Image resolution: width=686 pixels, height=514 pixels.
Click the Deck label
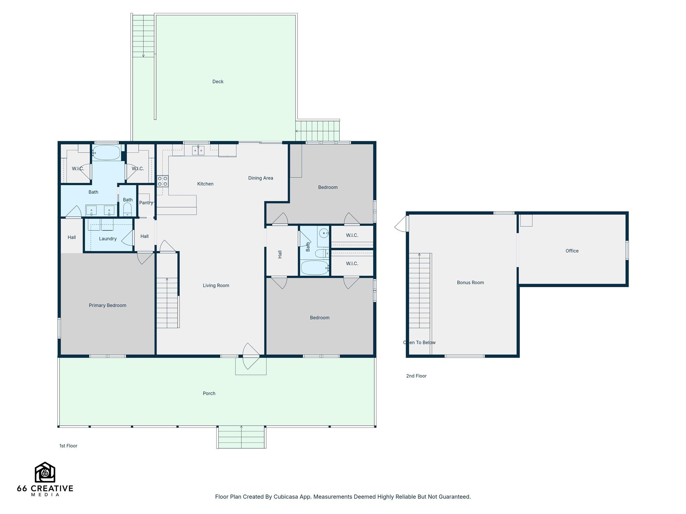coord(218,82)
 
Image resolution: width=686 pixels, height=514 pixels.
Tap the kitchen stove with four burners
coord(163,181)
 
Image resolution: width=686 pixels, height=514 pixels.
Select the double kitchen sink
coord(198,151)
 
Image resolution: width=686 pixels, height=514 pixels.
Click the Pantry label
coord(146,203)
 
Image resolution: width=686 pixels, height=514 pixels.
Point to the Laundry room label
coord(108,239)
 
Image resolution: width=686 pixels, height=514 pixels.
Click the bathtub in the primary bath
coord(107,153)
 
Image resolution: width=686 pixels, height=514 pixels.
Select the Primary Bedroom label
coord(108,305)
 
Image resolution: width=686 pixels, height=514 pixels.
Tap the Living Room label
coord(216,285)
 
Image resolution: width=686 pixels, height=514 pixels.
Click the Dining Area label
coord(261,178)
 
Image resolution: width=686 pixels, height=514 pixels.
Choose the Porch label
coord(209,394)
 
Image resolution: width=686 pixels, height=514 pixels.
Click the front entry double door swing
coord(251,356)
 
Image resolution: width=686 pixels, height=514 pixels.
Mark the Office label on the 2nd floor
coord(572,251)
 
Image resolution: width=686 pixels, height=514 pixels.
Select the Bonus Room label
coord(470,282)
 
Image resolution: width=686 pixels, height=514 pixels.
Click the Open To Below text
coord(419,342)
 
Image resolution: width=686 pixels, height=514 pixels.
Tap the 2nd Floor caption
coord(416,376)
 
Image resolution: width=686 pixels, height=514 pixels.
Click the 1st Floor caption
coord(68,446)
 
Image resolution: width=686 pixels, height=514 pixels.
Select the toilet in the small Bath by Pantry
coord(127,209)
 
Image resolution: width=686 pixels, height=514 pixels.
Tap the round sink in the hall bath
coord(324,233)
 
